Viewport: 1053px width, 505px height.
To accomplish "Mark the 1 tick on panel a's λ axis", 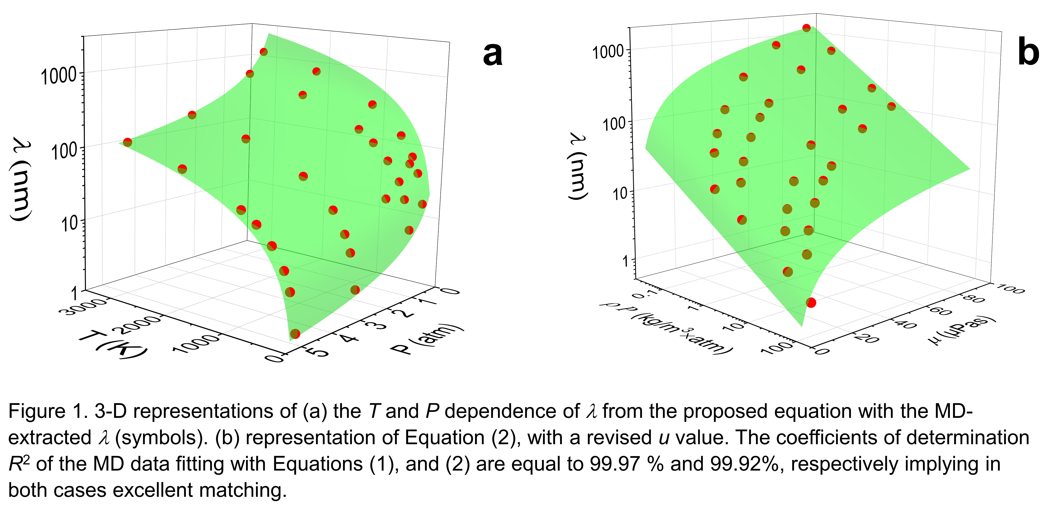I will pos(75,293).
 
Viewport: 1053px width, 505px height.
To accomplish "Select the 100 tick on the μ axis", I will pos(1010,289).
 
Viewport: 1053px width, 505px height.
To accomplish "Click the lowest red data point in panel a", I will pos(295,334).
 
